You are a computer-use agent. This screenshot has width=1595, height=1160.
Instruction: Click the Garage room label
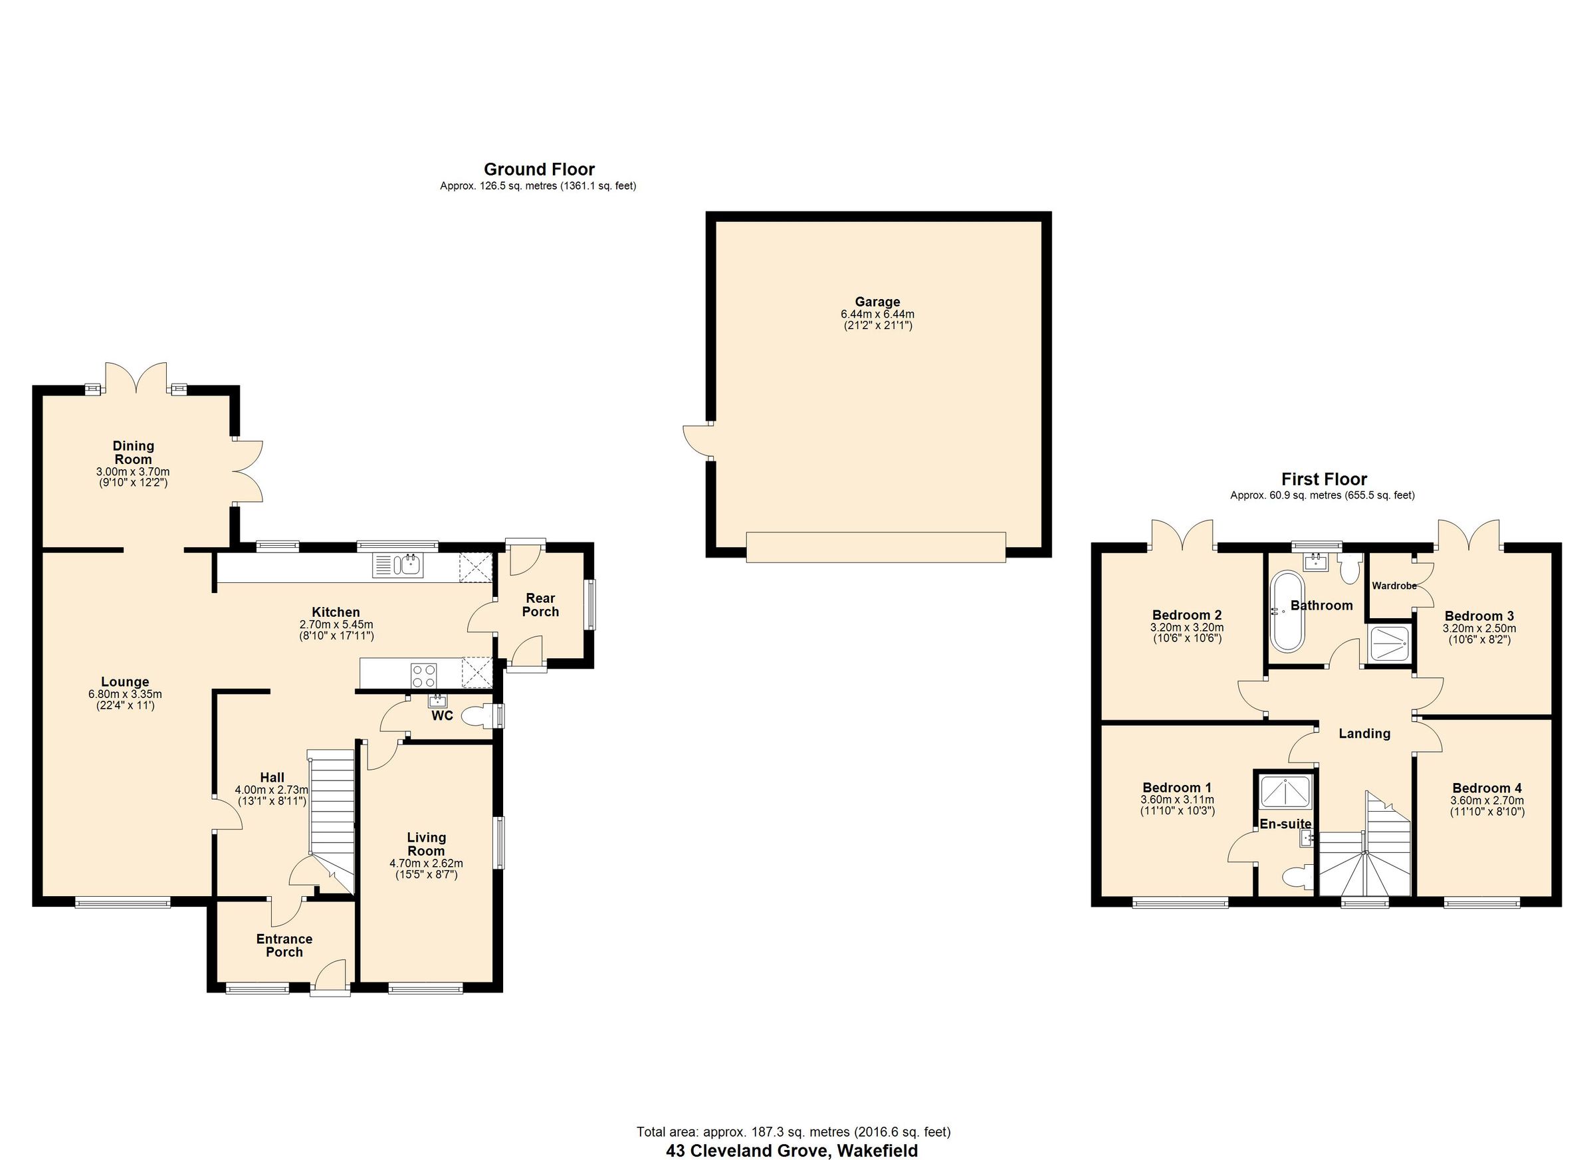[x=877, y=302]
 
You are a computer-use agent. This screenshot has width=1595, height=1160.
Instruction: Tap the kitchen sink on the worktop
[x=399, y=566]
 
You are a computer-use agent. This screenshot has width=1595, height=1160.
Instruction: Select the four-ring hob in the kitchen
[x=423, y=676]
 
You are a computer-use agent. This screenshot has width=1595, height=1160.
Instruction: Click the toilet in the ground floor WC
[x=478, y=717]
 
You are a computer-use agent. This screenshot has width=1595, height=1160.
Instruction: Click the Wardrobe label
[x=1393, y=585]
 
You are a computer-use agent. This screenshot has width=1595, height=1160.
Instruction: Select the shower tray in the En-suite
[x=1285, y=791]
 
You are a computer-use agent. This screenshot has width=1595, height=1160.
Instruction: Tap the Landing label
[x=1364, y=734]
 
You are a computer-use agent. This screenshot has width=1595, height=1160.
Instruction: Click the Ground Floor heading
[x=539, y=169]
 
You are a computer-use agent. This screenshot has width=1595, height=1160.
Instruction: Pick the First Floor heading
[x=1324, y=479]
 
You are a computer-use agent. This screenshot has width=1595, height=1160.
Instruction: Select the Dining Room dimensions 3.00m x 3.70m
[x=133, y=471]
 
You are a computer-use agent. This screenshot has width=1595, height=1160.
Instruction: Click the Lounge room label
[x=125, y=681]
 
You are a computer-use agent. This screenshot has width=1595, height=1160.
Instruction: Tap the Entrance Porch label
[x=284, y=945]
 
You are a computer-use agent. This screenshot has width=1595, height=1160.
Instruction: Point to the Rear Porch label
[x=540, y=604]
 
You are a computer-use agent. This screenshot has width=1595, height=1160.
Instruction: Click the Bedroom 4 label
[x=1486, y=788]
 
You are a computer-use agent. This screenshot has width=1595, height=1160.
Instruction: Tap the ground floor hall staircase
[x=331, y=809]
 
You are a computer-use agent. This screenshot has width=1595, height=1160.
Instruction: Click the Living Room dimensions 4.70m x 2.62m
[x=426, y=863]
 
